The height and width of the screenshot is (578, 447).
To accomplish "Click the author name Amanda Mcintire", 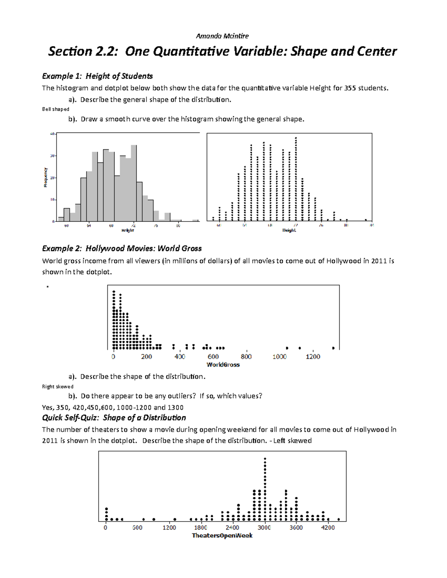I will coord(222,36).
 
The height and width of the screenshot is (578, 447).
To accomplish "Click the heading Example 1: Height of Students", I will coord(97,76).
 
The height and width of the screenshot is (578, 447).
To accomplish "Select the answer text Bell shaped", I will coord(56,109).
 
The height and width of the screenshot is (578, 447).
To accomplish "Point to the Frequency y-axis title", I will coord(45,177).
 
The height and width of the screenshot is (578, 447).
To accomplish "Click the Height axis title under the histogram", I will coord(127,230).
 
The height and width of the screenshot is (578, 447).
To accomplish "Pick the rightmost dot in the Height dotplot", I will coord(366,220).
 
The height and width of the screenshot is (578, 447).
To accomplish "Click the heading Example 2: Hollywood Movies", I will coord(122,249).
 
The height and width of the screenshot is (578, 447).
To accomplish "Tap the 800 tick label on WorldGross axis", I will coord(246,357).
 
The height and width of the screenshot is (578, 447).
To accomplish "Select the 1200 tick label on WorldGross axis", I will coord(313,357).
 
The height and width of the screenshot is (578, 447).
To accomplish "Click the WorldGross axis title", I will coord(223,365).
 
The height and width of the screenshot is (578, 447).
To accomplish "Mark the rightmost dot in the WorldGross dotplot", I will coord(333,348).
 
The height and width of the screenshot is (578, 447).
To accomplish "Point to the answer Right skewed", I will coord(58,386).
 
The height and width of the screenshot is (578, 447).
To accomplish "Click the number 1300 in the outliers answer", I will coord(175,407).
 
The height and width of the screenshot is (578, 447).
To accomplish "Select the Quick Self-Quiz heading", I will coord(114,418).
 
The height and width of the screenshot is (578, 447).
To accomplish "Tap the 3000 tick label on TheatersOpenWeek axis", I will coord(264,527).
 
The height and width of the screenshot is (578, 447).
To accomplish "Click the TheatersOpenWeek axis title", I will coord(222,536).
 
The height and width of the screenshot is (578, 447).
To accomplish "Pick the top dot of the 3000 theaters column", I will coord(265,459).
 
